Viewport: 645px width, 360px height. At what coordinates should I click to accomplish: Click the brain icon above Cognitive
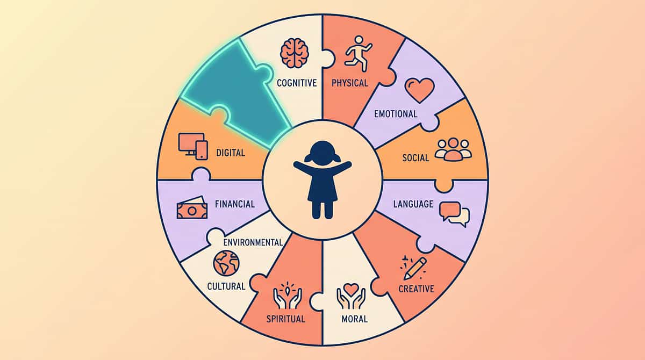(295, 54)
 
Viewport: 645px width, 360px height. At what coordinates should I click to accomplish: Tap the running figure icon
(358, 54)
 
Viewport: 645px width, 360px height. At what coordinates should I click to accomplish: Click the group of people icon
(453, 149)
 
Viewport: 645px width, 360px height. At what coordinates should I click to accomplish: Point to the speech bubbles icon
(454, 214)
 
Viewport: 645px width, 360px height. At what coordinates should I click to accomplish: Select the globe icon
(226, 263)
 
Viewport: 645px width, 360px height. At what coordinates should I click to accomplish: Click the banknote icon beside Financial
(192, 208)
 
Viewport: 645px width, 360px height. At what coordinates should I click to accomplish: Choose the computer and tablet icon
(193, 146)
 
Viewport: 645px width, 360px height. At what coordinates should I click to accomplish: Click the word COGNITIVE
(297, 83)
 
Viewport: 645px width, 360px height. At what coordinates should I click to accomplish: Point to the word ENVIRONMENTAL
(253, 242)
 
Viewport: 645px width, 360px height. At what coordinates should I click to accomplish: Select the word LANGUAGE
(413, 204)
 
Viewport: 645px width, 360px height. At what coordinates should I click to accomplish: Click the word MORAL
(354, 319)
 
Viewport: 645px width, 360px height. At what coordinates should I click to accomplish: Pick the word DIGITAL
(231, 153)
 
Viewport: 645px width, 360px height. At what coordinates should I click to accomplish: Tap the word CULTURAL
(226, 286)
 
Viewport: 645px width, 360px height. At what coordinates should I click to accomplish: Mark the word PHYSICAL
(350, 83)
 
